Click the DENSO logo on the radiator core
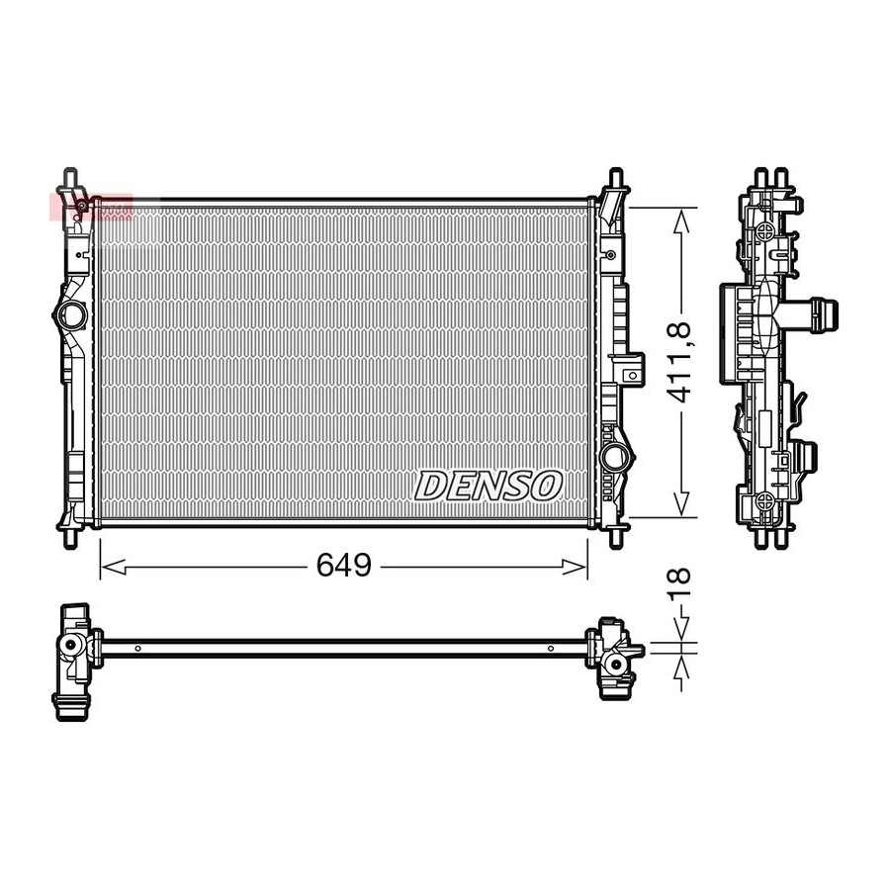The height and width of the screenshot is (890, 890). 489,486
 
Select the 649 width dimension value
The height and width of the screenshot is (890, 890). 343,565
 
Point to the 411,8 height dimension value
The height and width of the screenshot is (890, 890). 679,362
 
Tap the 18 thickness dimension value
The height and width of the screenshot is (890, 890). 679,583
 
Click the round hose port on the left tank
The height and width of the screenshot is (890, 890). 70,313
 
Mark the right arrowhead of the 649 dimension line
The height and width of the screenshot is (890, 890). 574,566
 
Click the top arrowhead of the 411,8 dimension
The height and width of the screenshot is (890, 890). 680,221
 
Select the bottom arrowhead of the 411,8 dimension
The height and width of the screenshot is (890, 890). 680,504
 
